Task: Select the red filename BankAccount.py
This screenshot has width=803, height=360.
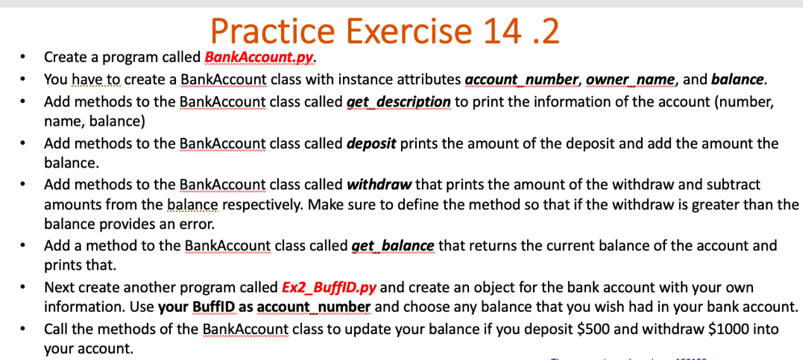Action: (259, 58)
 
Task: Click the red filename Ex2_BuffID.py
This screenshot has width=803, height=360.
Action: (328, 288)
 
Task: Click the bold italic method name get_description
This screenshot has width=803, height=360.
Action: (399, 102)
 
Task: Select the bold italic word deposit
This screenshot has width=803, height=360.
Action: (371, 144)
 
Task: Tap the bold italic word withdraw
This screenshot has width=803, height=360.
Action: (380, 185)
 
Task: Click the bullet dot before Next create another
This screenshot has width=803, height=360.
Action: (23, 289)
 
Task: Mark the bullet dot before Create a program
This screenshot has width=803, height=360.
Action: (23, 58)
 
